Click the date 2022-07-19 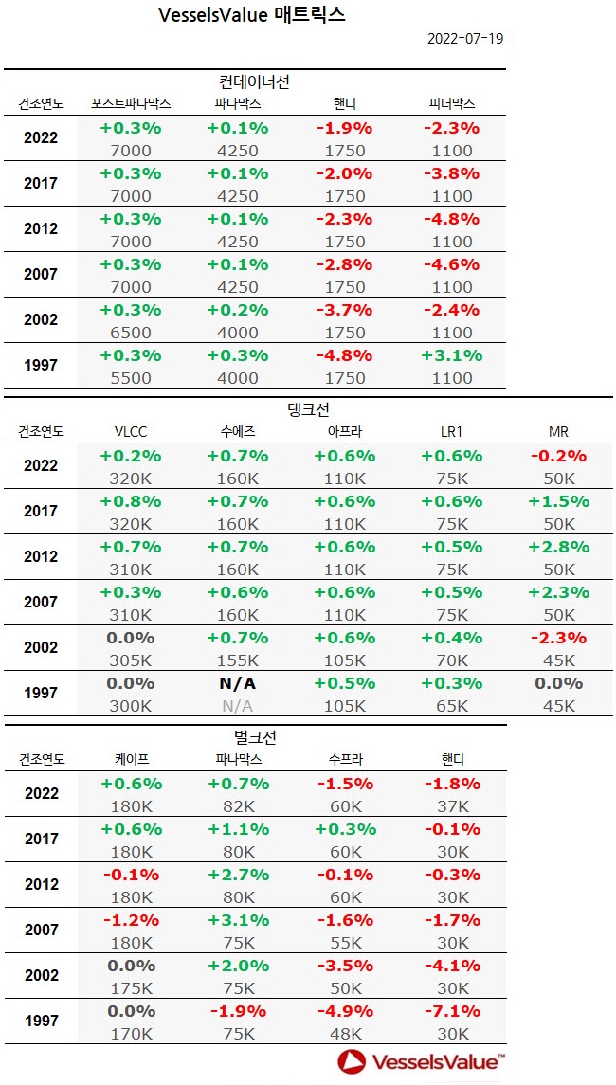point(464,39)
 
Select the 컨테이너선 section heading point(254,82)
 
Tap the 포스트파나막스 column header point(130,103)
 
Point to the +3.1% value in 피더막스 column point(451,355)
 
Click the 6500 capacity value point(131,333)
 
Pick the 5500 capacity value point(131,378)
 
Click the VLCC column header point(130,432)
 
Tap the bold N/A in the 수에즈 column point(237,683)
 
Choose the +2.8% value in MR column point(558,547)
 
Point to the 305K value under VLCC point(131,660)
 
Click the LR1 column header point(451,432)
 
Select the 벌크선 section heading point(254,737)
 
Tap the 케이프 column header point(130,760)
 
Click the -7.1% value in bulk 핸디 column point(451,1011)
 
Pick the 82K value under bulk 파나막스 point(237,806)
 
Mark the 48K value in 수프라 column point(344,1034)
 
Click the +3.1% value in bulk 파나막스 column point(237,920)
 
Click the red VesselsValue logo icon point(353,1062)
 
